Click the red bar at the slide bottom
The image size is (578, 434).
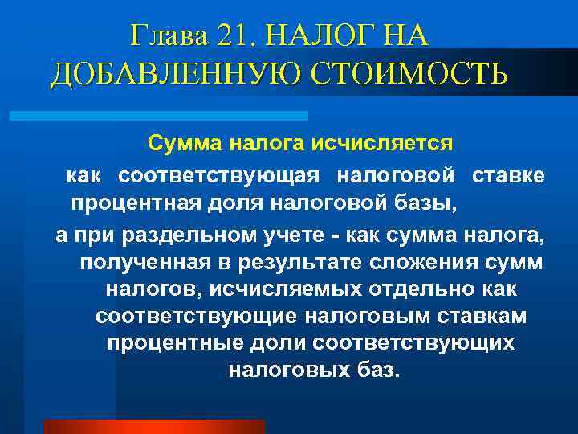[x=153, y=426]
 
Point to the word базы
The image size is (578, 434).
[x=429, y=202]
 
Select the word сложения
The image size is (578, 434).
[x=419, y=262]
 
